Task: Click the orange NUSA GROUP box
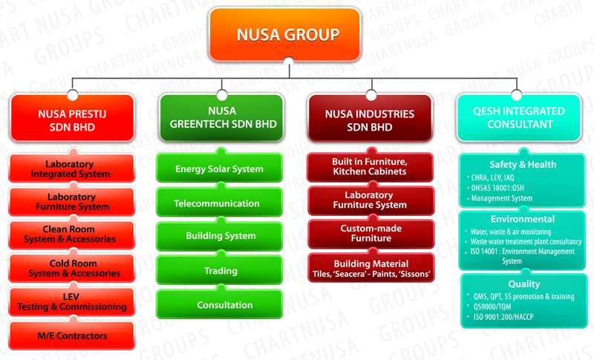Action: click(284, 34)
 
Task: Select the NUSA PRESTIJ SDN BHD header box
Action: click(72, 118)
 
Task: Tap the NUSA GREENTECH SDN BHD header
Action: click(221, 118)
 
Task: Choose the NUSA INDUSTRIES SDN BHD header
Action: click(370, 118)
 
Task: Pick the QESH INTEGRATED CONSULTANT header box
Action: click(519, 118)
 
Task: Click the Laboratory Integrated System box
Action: click(71, 168)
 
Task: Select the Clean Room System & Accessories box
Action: click(71, 235)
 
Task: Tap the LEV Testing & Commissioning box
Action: click(71, 301)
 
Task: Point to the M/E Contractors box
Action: click(71, 336)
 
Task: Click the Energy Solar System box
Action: click(219, 168)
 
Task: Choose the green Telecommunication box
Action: click(219, 203)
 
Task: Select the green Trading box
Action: click(219, 270)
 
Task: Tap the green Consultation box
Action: click(219, 304)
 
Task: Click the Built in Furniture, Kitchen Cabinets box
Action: click(370, 167)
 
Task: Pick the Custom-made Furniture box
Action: click(371, 234)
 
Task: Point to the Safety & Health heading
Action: click(523, 164)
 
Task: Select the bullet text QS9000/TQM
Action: click(492, 307)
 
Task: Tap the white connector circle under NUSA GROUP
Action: click(289, 62)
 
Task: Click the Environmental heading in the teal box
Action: click(523, 219)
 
